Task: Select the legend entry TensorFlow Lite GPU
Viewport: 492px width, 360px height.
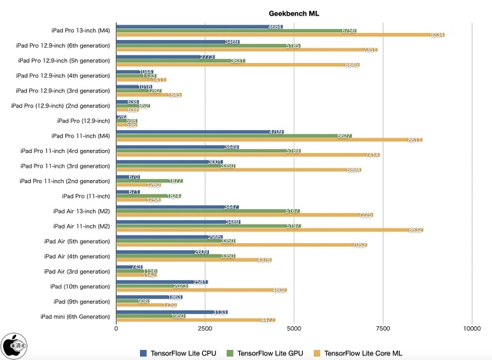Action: coord(268,353)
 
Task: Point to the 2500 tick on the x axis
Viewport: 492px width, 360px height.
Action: coord(204,328)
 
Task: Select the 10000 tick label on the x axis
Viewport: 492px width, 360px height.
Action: coord(471,328)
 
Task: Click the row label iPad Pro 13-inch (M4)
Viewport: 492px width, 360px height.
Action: coord(81,31)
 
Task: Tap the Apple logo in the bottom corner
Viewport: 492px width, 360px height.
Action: coord(12,345)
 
